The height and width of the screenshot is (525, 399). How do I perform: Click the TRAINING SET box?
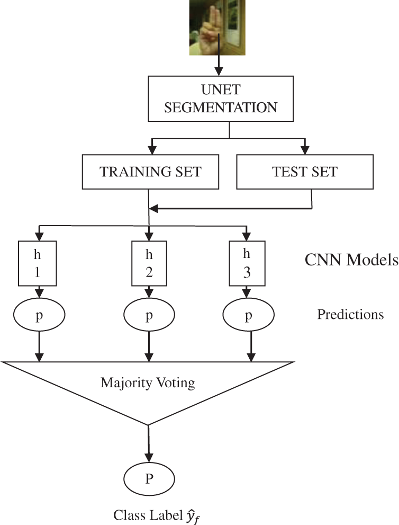click(151, 171)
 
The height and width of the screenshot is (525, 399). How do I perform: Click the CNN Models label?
click(351, 260)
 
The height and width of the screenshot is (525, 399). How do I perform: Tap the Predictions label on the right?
click(350, 315)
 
